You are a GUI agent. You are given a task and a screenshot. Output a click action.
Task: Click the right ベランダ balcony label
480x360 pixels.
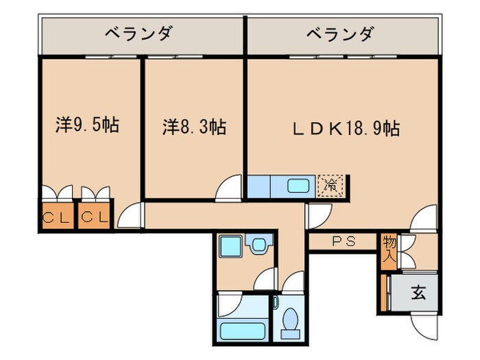[340, 33]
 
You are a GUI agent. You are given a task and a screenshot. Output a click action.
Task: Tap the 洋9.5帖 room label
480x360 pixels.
[87, 125]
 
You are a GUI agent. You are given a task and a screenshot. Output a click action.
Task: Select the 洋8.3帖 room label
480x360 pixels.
[195, 127]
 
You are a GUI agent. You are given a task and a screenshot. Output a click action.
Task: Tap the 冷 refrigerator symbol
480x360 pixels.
[331, 184]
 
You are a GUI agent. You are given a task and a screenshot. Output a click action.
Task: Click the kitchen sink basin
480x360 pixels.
[298, 185]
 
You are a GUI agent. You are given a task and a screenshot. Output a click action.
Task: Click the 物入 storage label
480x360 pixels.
[389, 250]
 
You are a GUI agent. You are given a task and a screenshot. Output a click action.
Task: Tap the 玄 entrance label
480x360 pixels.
[418, 293]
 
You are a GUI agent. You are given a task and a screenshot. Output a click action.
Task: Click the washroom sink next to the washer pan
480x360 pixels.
[259, 244]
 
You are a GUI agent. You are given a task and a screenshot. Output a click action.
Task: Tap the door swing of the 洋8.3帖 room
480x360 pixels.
[230, 188]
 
